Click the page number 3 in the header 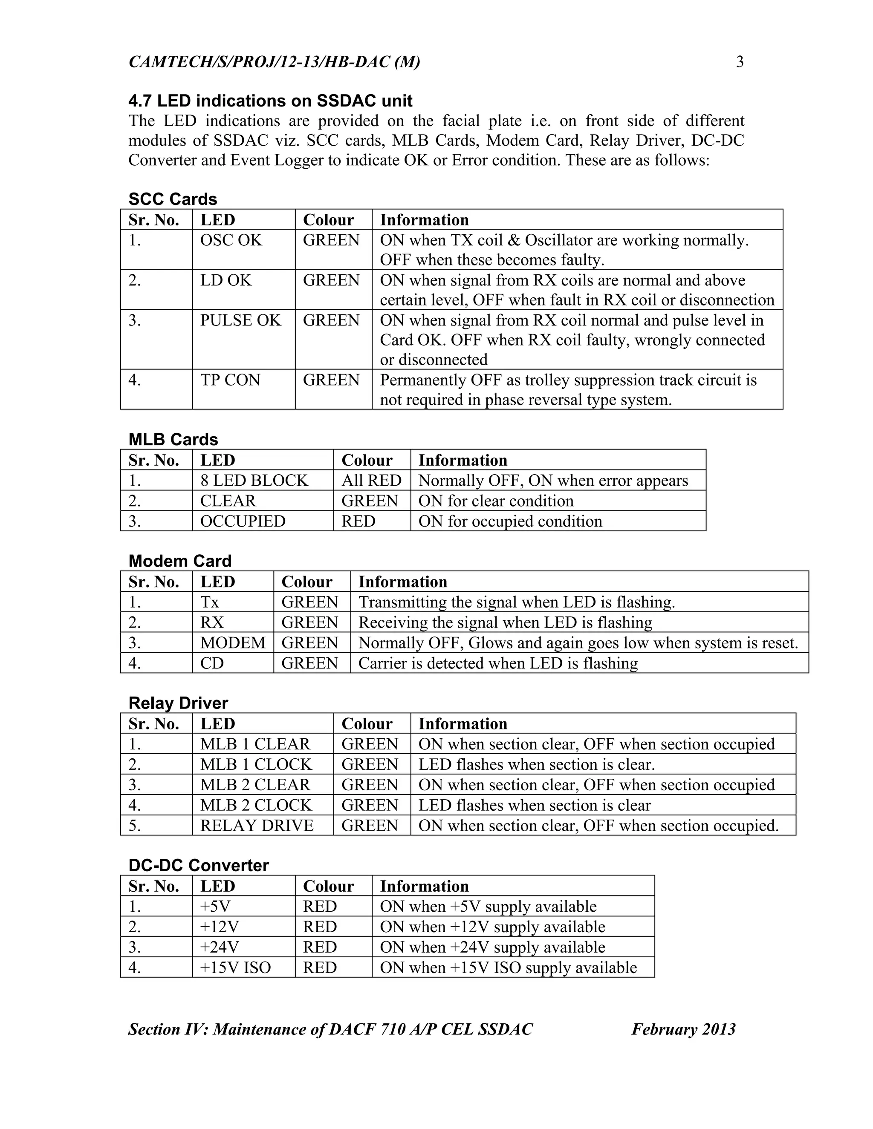click(x=740, y=62)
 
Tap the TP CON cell click(x=230, y=380)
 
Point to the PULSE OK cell click(x=240, y=320)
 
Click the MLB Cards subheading click(x=173, y=439)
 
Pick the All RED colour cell click(x=371, y=480)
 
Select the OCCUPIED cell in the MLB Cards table click(x=243, y=521)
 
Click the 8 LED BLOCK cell click(x=254, y=480)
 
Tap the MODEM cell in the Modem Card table click(x=233, y=642)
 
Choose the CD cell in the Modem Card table click(x=212, y=663)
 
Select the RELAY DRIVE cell click(x=257, y=826)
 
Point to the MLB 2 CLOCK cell click(x=256, y=805)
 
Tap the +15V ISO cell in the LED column click(x=235, y=968)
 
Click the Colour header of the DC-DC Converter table click(x=328, y=886)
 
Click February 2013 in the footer click(x=683, y=1029)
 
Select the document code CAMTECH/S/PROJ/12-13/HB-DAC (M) click(x=274, y=62)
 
